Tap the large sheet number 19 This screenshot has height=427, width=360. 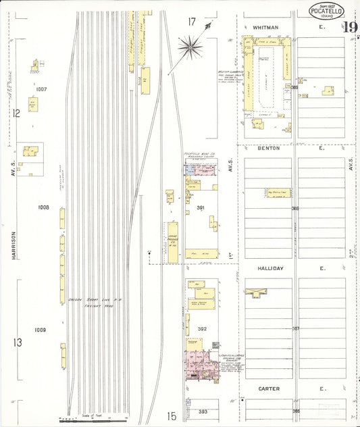(349, 28)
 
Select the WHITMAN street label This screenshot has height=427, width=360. (265, 27)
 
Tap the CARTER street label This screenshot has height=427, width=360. (269, 389)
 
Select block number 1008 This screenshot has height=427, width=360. (44, 207)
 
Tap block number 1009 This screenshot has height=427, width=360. (41, 330)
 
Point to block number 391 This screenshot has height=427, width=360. (200, 207)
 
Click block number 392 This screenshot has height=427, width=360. (201, 329)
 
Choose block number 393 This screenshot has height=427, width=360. (203, 411)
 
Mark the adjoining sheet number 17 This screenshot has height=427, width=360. (192, 22)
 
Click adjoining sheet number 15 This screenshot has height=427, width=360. (172, 417)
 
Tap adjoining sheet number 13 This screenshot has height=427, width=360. (17, 343)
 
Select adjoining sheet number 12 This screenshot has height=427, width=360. (16, 114)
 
